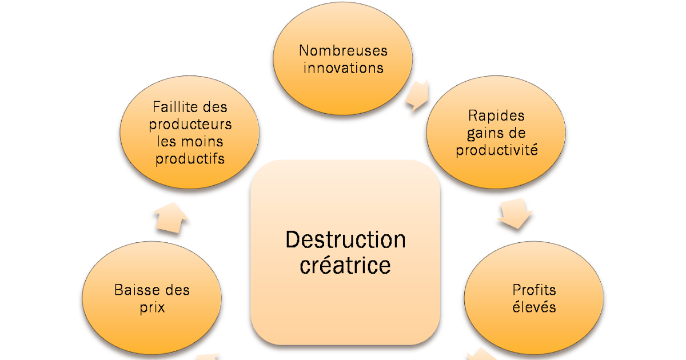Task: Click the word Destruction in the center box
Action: pyautogui.click(x=345, y=239)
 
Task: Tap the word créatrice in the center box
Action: pyautogui.click(x=345, y=266)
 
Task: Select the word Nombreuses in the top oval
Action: pyautogui.click(x=343, y=50)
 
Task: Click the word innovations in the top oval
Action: pyautogui.click(x=343, y=68)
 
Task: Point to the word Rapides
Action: pyautogui.click(x=496, y=115)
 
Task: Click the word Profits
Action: pyautogui.click(x=534, y=290)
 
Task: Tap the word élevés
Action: pyautogui.click(x=534, y=307)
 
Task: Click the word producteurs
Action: pyautogui.click(x=190, y=124)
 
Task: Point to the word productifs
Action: pyautogui.click(x=190, y=158)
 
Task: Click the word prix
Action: pyautogui.click(x=151, y=307)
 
